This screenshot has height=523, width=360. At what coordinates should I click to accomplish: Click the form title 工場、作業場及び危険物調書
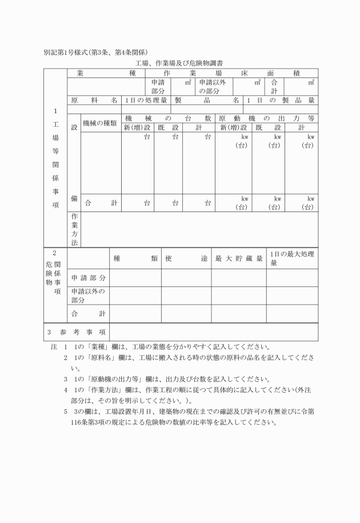(179, 62)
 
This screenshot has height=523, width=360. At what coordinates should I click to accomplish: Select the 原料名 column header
(94, 100)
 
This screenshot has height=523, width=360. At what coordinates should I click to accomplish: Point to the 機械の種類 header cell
(100, 122)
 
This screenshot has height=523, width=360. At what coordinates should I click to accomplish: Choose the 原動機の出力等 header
(267, 118)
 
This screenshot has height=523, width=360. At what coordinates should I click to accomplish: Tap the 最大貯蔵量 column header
(239, 258)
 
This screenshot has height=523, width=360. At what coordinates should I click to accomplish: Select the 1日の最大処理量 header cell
(291, 258)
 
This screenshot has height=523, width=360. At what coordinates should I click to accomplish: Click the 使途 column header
(186, 258)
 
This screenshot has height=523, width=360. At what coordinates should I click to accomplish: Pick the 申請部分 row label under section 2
(89, 278)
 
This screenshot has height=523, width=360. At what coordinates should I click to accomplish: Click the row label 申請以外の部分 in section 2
(88, 295)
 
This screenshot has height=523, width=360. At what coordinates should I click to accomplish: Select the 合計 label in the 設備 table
(101, 202)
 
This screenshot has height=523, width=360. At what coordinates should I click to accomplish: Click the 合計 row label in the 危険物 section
(89, 313)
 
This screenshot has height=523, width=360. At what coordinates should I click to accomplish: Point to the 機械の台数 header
(168, 118)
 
